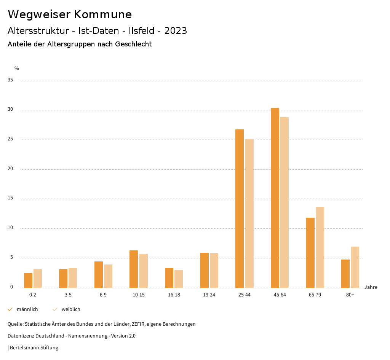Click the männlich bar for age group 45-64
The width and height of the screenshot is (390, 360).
(x=275, y=198)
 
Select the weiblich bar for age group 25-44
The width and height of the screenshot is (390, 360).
(x=249, y=213)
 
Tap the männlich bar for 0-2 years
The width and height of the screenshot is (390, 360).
(x=28, y=280)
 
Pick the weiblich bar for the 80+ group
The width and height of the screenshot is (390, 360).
(x=355, y=267)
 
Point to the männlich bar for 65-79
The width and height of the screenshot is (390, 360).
(x=310, y=253)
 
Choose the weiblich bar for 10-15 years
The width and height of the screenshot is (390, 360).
(x=144, y=271)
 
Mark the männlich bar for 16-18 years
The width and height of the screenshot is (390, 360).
(x=169, y=278)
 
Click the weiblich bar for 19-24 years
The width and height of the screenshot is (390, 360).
(x=214, y=270)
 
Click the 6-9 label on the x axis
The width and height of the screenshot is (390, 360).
(x=103, y=295)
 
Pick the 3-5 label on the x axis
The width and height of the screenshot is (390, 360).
(x=68, y=295)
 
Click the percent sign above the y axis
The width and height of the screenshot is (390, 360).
(x=17, y=68)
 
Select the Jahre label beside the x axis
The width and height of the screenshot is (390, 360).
(x=371, y=287)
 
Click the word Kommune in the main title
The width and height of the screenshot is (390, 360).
(x=103, y=14)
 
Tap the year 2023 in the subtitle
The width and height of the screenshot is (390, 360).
(x=176, y=31)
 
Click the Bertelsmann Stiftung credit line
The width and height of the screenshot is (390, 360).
(x=33, y=347)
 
